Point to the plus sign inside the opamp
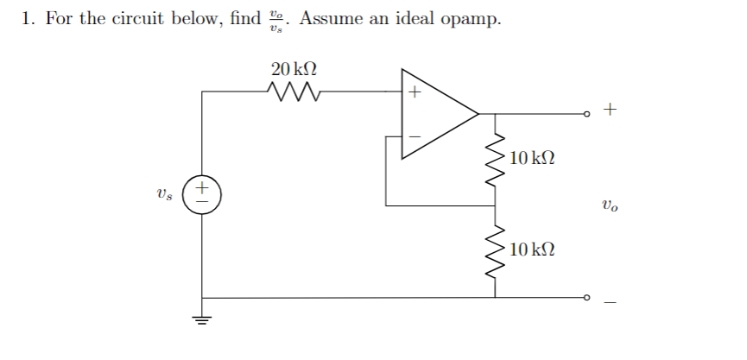pyautogui.click(x=414, y=91)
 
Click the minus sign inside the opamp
pyautogui.click(x=414, y=136)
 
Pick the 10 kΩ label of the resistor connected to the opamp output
pyautogui.click(x=533, y=158)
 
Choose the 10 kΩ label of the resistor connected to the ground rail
pyautogui.click(x=533, y=250)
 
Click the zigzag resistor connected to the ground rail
pyautogui.click(x=496, y=251)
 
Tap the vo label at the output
pyautogui.click(x=610, y=205)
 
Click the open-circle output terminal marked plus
pyautogui.click(x=586, y=114)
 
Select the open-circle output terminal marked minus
pyautogui.click(x=586, y=298)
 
